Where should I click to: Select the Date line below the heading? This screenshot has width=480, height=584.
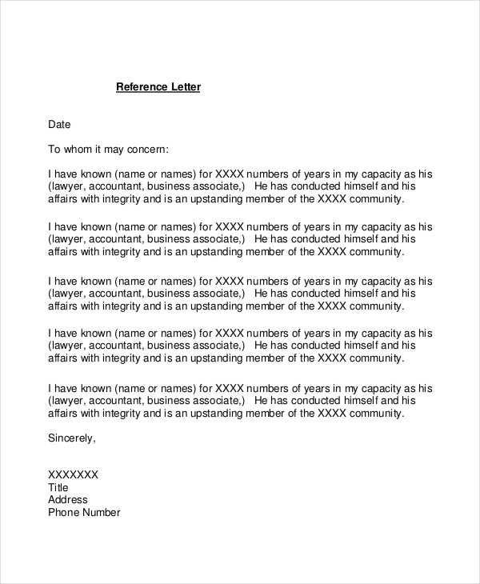pos(60,125)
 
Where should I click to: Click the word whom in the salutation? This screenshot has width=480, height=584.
pos(80,149)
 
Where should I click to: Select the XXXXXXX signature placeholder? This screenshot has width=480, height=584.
pos(74,474)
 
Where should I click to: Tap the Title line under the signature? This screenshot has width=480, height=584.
pos(58,487)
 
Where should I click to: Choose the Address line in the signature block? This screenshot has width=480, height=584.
pos(68,500)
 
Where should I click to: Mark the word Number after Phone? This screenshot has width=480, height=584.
pos(102,513)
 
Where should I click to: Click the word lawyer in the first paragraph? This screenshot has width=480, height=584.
pos(71,186)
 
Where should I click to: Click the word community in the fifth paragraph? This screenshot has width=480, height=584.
pos(376,414)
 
